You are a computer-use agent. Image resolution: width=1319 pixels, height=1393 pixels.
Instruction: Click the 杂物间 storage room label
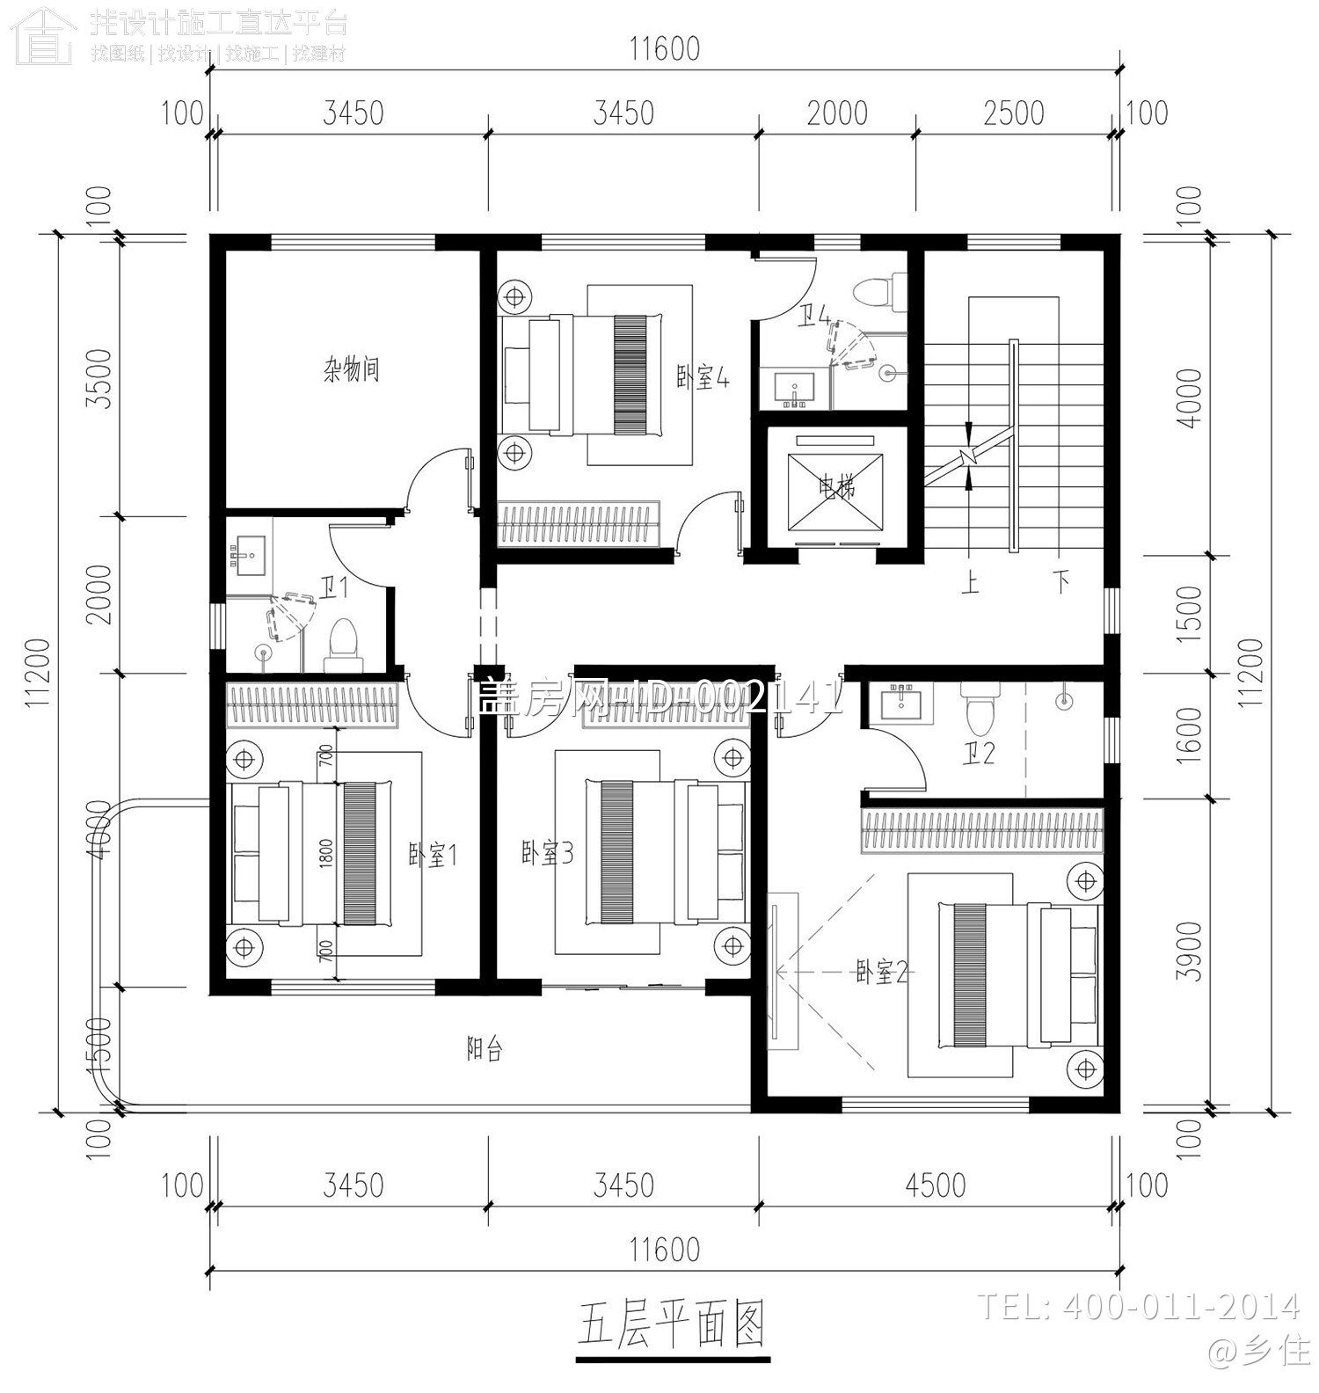(x=351, y=369)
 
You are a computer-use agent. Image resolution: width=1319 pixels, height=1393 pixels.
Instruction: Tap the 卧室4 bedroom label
(x=703, y=378)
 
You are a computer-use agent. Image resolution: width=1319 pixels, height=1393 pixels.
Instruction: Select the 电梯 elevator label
(x=836, y=486)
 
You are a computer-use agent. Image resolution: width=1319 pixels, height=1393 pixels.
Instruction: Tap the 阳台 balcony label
(x=485, y=1048)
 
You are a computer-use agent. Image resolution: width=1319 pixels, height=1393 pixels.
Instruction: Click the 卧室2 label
(x=881, y=973)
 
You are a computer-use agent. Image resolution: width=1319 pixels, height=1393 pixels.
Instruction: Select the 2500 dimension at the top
(x=1014, y=113)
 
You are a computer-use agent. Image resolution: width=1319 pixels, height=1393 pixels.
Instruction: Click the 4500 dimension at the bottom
(x=935, y=1185)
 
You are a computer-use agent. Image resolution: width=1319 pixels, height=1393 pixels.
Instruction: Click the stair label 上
(x=970, y=583)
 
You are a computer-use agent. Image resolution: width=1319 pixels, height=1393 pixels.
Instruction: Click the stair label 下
(x=1062, y=582)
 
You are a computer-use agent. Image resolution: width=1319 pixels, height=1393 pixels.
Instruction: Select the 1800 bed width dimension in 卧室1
(x=326, y=854)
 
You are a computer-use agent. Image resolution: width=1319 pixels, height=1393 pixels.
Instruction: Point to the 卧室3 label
(x=547, y=853)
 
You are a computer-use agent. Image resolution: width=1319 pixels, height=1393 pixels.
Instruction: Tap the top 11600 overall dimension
(x=665, y=49)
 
